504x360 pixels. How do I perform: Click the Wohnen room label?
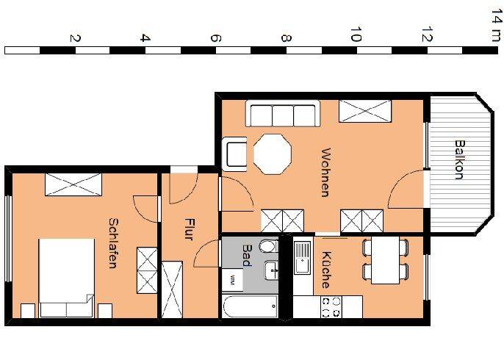(x=324, y=173)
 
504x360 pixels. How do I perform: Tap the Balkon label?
(x=458, y=159)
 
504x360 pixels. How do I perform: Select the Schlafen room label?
(x=113, y=242)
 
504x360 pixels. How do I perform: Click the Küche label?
(x=324, y=270)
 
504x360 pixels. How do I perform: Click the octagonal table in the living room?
(x=273, y=153)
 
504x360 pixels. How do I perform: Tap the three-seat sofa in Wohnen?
(x=283, y=115)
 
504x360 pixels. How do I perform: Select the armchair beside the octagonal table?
(x=237, y=154)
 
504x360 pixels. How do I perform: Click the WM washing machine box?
(x=232, y=279)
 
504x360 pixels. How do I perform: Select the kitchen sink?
(x=302, y=256)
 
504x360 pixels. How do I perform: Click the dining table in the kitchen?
(x=384, y=260)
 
